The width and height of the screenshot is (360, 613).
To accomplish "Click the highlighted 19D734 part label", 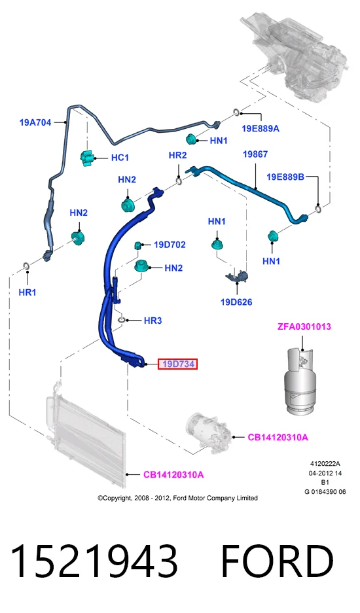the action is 177,364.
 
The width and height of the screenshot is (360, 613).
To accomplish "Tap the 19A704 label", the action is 35,122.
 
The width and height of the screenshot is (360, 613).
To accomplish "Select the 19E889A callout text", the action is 261,129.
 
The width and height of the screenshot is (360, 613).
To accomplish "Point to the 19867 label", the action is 255,154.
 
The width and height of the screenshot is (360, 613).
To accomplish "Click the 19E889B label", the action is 285,177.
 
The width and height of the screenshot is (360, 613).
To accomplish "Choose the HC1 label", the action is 120,158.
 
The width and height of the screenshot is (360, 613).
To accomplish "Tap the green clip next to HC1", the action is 87,158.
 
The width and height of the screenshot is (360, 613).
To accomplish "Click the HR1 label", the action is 27,292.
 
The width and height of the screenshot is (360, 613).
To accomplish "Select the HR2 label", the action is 177,155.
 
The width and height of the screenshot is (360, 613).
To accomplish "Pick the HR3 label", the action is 153,321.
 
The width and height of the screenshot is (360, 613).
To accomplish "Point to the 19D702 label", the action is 170,245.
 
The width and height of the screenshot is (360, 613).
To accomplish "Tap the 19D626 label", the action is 236,302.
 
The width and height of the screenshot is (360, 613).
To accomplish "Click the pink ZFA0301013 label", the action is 304,326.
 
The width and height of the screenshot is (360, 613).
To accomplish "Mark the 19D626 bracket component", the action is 238,275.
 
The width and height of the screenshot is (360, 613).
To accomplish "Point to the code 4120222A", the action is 325,464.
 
